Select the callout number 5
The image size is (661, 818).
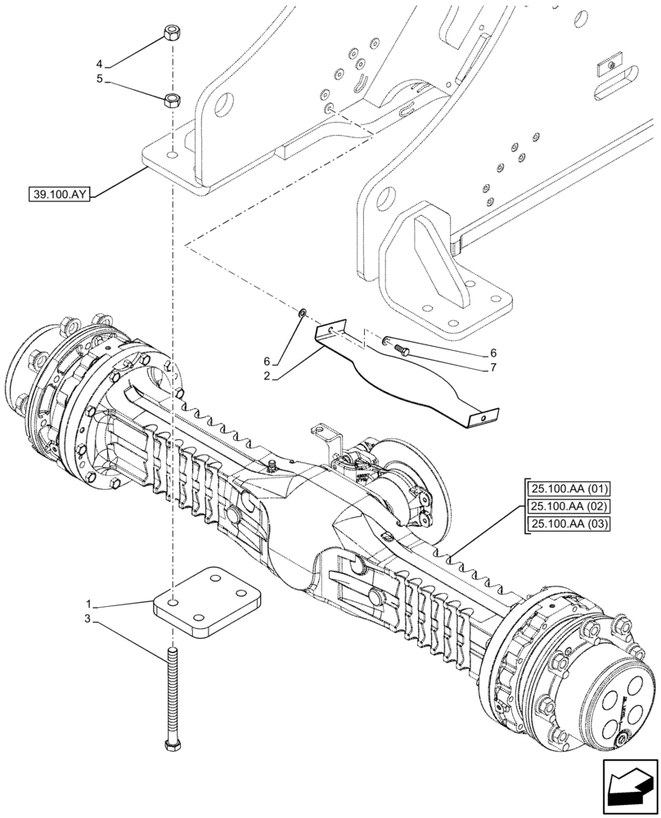click(100, 80)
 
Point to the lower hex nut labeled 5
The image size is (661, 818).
click(172, 101)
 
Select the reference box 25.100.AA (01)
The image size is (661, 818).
click(564, 490)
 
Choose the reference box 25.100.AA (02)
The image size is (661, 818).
click(564, 507)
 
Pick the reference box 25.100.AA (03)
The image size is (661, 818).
click(564, 524)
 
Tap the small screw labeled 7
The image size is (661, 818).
click(402, 350)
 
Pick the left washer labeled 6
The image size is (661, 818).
click(304, 312)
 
